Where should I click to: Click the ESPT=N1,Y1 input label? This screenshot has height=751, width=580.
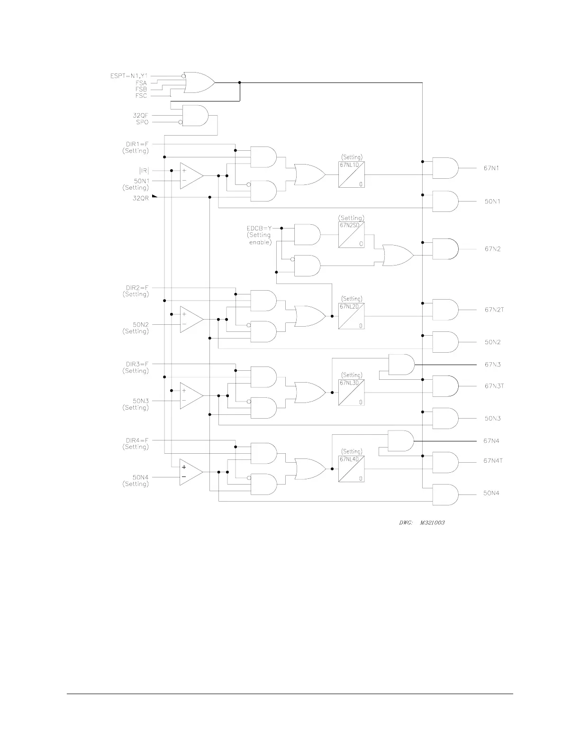(x=129, y=75)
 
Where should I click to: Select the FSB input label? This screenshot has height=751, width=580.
(x=141, y=89)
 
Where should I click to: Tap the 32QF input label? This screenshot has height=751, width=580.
(x=141, y=115)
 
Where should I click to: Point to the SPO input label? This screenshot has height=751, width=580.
(x=142, y=122)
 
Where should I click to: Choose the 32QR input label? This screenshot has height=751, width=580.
(x=141, y=198)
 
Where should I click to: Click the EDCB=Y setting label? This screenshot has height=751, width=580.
(x=259, y=228)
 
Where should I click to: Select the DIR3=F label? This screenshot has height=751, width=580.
(x=137, y=364)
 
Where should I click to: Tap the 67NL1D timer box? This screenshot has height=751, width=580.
(x=352, y=174)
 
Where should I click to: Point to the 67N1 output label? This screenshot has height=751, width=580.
(x=491, y=168)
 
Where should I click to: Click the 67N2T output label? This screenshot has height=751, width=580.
(x=494, y=310)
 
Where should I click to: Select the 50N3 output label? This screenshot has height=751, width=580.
(x=492, y=419)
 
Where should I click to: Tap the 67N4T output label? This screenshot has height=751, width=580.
(x=493, y=461)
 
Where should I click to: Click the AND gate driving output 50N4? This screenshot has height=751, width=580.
(x=444, y=495)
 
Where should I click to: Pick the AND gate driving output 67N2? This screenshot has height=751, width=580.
(x=445, y=249)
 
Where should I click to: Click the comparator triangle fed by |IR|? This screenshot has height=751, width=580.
(x=190, y=175)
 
